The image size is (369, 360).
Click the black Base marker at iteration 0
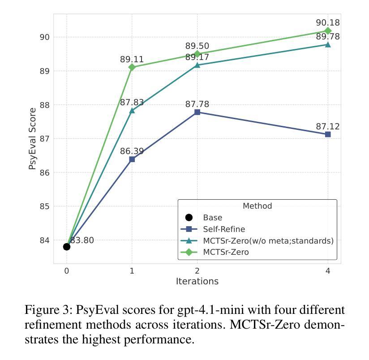tap(67, 247)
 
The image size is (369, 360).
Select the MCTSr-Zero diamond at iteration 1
tap(132, 67)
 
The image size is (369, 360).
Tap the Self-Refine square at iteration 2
tap(197, 112)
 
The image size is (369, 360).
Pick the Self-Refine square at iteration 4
tap(328, 134)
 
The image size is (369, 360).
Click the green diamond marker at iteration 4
tap(328, 31)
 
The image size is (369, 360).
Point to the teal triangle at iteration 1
tap(132, 110)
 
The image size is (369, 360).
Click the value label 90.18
tap(328, 22)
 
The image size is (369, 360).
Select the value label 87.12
tap(328, 127)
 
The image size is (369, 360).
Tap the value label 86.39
tap(132, 151)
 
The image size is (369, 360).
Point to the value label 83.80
tap(82, 240)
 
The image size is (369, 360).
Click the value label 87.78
tap(197, 104)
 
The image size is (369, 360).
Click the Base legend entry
tap(212, 218)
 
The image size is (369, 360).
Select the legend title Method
tap(257, 206)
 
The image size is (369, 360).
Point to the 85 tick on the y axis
tap(45, 206)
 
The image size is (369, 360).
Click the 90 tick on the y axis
tap(45, 37)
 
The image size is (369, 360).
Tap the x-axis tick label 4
tap(328, 271)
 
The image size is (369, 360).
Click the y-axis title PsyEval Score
tap(32, 139)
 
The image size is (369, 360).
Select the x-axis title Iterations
tap(197, 281)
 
